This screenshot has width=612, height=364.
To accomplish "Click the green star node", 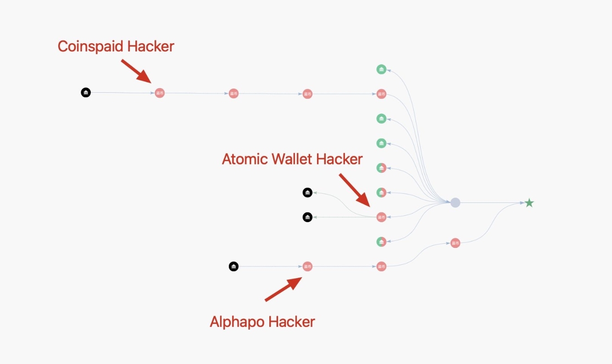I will (529, 202).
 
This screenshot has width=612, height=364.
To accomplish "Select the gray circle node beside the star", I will (455, 202).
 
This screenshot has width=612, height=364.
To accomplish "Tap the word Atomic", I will (245, 159).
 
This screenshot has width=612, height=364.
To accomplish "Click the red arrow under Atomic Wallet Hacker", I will (354, 190).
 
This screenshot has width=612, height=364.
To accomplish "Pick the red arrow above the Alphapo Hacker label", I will (284, 289).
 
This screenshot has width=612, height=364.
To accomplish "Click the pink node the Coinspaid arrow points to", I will (159, 93).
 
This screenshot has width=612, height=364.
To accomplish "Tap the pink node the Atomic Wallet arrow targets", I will (381, 217).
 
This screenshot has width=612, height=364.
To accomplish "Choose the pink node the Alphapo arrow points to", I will (307, 266).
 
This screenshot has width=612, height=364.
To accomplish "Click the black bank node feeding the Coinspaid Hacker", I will (86, 93).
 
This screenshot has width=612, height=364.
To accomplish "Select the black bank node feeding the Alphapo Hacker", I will (234, 266).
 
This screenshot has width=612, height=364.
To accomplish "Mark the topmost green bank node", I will (381, 69).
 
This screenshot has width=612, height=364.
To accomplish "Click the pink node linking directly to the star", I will (455, 243).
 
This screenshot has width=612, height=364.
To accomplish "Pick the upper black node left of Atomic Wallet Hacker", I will (307, 193).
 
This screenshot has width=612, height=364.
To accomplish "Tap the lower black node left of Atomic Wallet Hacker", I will (307, 217).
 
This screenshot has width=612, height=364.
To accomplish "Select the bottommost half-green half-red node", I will (381, 242).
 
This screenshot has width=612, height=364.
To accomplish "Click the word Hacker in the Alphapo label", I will (292, 322).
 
